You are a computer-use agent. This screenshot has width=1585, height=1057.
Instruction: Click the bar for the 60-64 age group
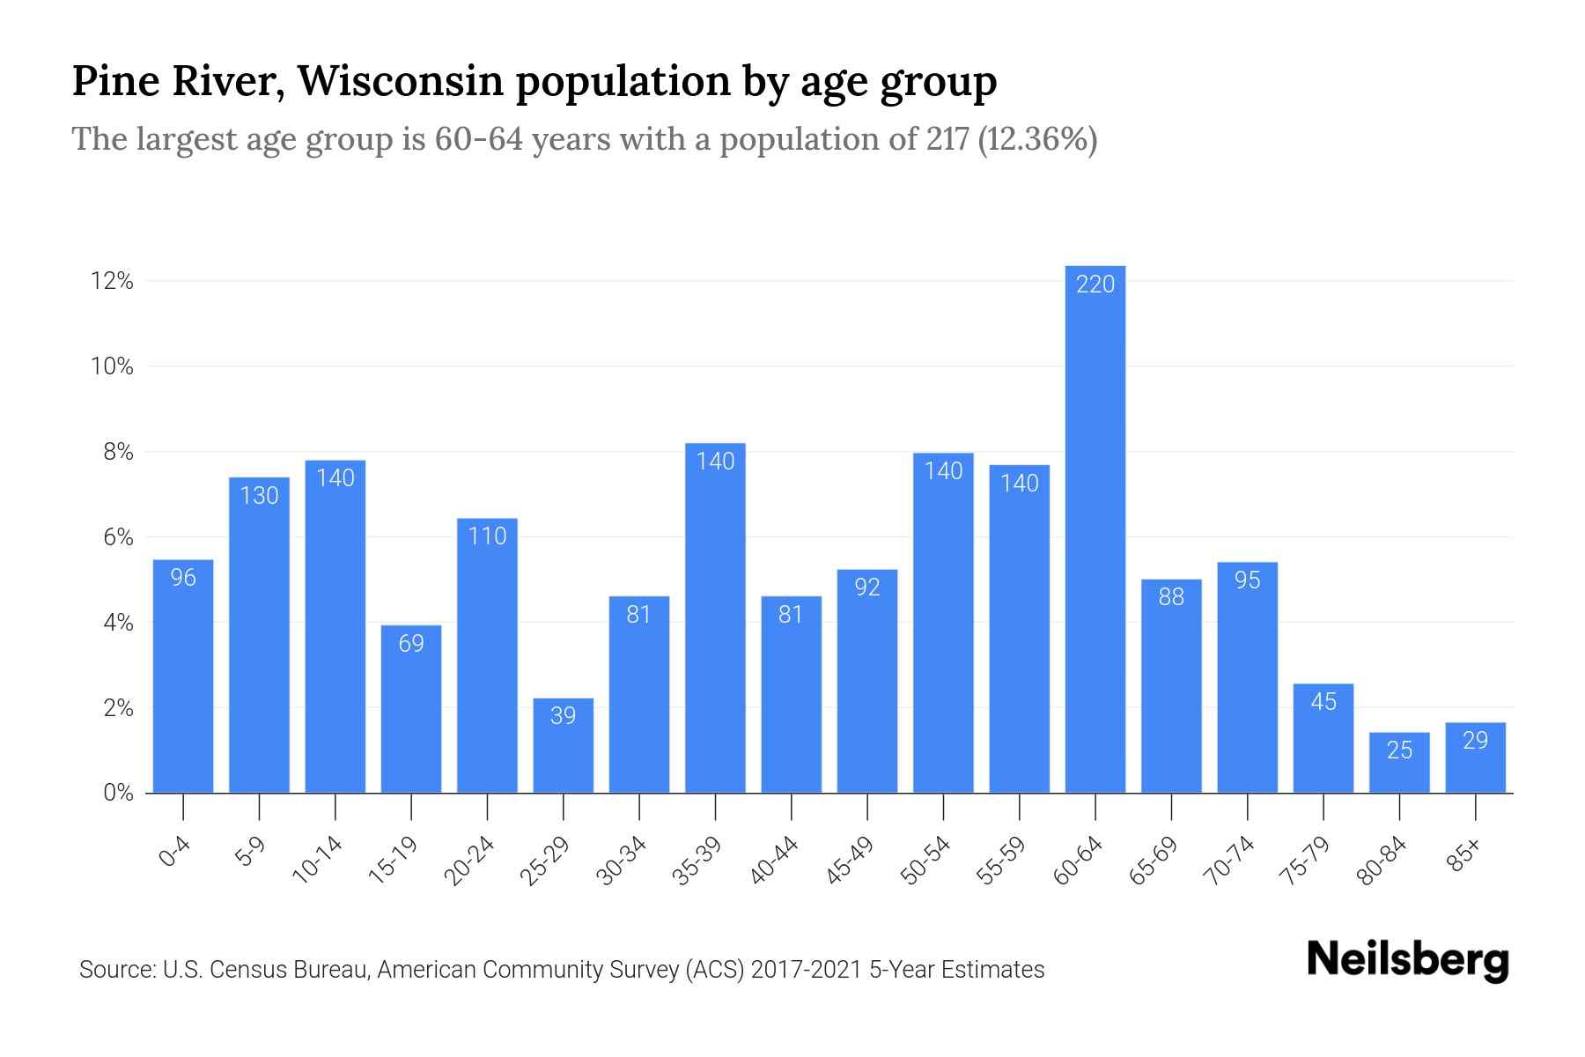[1095, 528]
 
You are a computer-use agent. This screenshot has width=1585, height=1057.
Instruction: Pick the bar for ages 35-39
[715, 617]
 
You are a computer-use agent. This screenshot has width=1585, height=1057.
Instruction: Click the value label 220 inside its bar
[1095, 285]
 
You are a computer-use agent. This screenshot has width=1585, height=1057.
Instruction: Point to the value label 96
[183, 578]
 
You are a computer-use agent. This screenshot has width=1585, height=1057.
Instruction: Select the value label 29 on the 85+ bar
[1475, 741]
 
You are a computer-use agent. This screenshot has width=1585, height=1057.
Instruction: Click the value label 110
[487, 536]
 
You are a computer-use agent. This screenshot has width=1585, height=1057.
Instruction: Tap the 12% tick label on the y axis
[112, 282]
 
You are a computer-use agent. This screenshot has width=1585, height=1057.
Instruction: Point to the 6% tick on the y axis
[118, 537]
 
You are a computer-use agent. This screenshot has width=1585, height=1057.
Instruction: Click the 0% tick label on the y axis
[118, 793]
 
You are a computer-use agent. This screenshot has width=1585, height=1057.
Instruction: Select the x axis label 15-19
[394, 861]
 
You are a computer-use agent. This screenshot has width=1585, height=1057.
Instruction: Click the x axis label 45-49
[850, 861]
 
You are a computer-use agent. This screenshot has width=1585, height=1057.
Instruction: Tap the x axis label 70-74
[1229, 861]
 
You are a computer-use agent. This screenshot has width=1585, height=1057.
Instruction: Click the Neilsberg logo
[1407, 960]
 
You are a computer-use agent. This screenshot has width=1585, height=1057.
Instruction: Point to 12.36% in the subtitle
[1037, 139]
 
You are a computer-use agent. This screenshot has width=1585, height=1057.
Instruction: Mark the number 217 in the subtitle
[947, 139]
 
